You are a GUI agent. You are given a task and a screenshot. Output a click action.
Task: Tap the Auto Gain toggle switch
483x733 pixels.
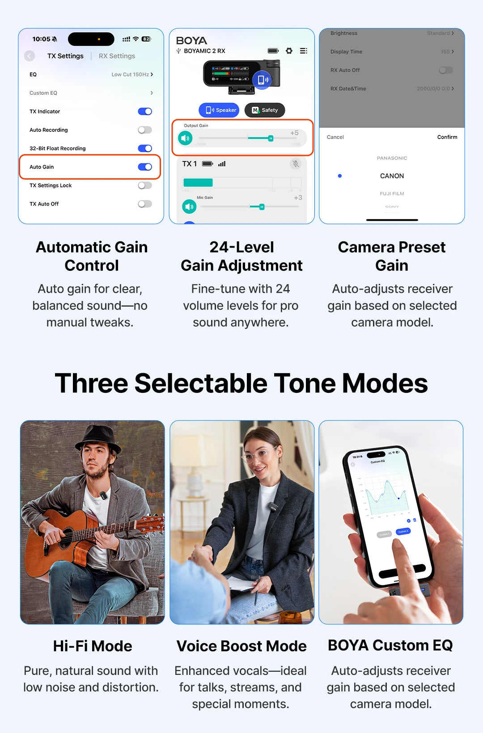coord(145,167)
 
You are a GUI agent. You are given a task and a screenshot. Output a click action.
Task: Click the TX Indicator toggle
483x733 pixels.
coord(145,111)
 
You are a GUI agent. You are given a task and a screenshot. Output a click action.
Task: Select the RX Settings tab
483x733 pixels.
coord(117,56)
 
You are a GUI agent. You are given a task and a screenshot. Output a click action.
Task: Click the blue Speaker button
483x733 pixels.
coord(219,110)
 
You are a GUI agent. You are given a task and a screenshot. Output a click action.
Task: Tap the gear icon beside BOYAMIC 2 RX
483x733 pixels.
coord(289,51)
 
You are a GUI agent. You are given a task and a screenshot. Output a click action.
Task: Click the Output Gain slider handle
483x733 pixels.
coord(271,138)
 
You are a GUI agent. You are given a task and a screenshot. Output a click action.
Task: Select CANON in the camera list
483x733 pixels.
coord(392,176)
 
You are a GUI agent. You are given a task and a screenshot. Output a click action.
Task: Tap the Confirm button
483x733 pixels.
coord(447,137)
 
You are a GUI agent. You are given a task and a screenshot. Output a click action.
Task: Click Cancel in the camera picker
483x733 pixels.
coord(335,137)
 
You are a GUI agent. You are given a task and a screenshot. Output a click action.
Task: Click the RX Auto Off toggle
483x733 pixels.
coord(445,70)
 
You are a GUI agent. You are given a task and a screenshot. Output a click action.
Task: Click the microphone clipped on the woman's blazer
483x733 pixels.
coord(273,506)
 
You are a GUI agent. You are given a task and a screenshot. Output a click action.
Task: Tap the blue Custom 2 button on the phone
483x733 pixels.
coord(403,531)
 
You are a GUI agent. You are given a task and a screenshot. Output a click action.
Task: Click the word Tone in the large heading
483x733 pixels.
coord(305,383)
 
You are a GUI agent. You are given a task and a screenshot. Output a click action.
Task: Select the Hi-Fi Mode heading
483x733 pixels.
coord(93,646)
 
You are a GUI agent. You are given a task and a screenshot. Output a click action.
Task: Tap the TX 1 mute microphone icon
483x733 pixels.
coord(295,164)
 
